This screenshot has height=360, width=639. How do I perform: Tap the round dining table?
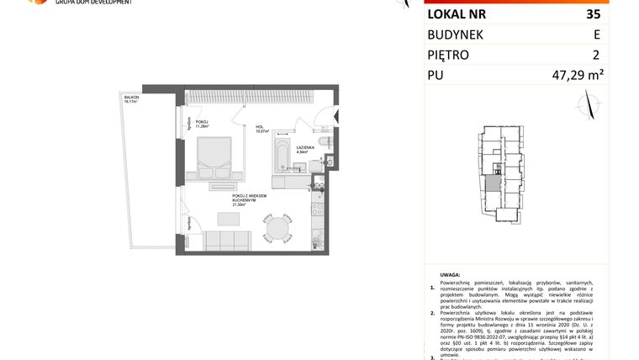(x=274, y=227)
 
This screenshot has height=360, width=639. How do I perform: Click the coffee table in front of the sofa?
(x=228, y=218)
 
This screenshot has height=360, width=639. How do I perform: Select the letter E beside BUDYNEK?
(x=597, y=35)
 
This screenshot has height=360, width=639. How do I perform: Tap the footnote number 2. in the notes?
(x=432, y=313)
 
